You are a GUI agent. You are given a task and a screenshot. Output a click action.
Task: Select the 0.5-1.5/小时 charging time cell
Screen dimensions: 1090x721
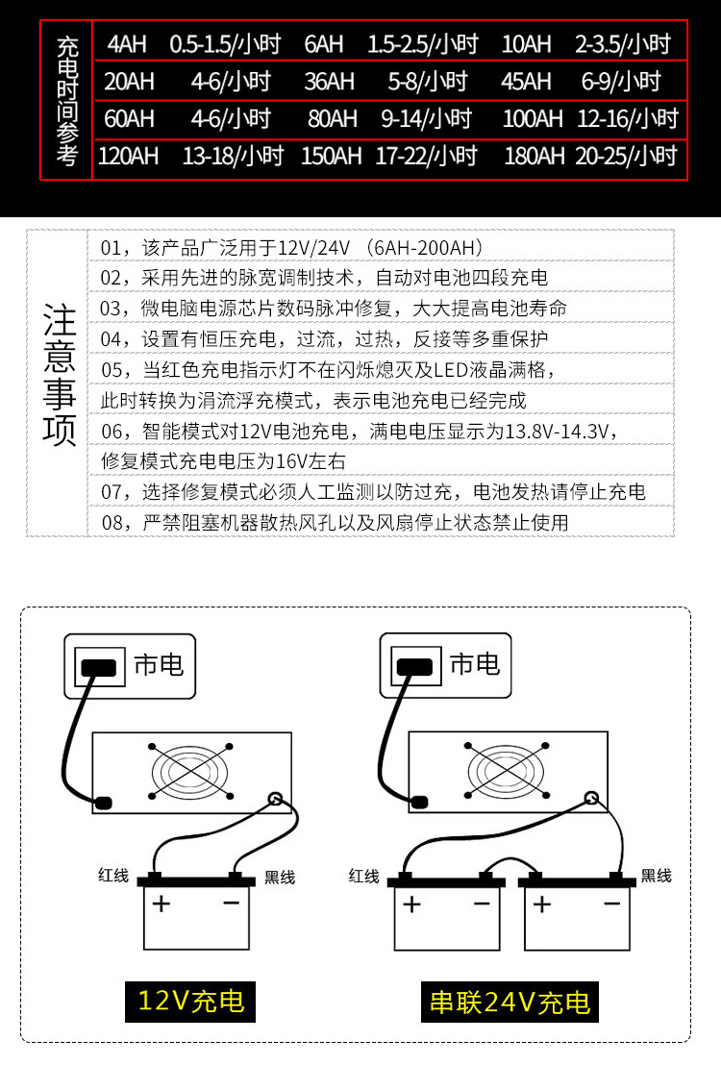(x=225, y=44)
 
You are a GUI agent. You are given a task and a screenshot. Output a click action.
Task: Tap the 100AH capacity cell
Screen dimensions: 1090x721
(x=533, y=119)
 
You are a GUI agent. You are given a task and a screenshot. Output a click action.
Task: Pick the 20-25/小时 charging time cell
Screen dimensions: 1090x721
(x=626, y=156)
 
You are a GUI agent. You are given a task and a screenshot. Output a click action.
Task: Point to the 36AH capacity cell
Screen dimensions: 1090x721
(x=330, y=82)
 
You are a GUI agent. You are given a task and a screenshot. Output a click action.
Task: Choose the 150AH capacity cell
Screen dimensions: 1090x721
(x=331, y=156)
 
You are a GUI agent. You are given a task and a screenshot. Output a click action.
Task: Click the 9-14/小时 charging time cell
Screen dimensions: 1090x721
(x=427, y=119)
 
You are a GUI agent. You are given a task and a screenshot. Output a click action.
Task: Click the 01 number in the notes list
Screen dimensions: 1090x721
(x=112, y=248)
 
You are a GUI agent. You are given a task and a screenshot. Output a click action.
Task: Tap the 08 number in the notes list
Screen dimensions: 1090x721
(x=112, y=523)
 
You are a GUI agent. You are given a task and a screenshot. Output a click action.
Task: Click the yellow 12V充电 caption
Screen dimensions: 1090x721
(x=191, y=1002)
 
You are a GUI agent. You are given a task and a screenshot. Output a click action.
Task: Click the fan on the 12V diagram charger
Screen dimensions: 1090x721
(x=191, y=771)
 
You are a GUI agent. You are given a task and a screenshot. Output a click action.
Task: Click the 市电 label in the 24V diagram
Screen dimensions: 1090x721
(x=474, y=664)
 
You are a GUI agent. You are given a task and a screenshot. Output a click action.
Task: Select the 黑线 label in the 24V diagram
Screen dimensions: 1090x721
(x=656, y=876)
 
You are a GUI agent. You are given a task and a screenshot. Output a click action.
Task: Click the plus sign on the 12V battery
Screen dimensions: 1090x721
(x=161, y=904)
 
